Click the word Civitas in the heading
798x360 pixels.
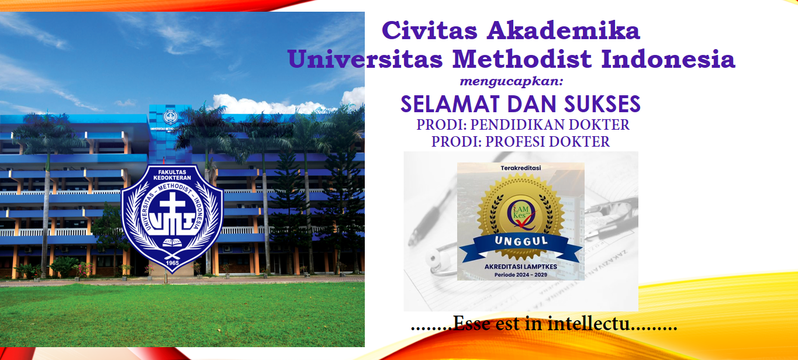(429, 30)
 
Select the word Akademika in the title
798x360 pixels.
(563, 30)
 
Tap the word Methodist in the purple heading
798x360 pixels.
(522, 59)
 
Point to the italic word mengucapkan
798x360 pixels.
(511, 82)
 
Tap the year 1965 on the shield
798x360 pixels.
(172, 263)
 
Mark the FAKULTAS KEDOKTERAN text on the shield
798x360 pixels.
(172, 175)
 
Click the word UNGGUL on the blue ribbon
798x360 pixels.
(521, 241)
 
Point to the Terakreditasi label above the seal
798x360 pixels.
(520, 168)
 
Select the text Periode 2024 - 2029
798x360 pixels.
(520, 275)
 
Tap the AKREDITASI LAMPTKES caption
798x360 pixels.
(520, 266)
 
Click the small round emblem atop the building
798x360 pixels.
(170, 117)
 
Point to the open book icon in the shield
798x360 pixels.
(172, 243)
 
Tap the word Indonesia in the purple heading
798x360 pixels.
(668, 59)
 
